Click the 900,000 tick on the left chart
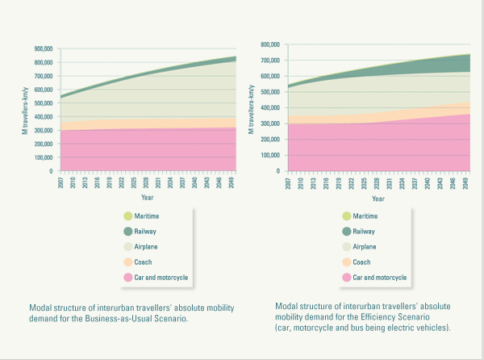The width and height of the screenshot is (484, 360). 43,48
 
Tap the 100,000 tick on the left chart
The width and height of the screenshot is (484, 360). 43,157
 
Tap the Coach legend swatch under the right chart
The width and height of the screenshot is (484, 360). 348,262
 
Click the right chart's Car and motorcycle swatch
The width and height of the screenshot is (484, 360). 348,277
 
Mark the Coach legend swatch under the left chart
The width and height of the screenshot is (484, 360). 127,262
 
